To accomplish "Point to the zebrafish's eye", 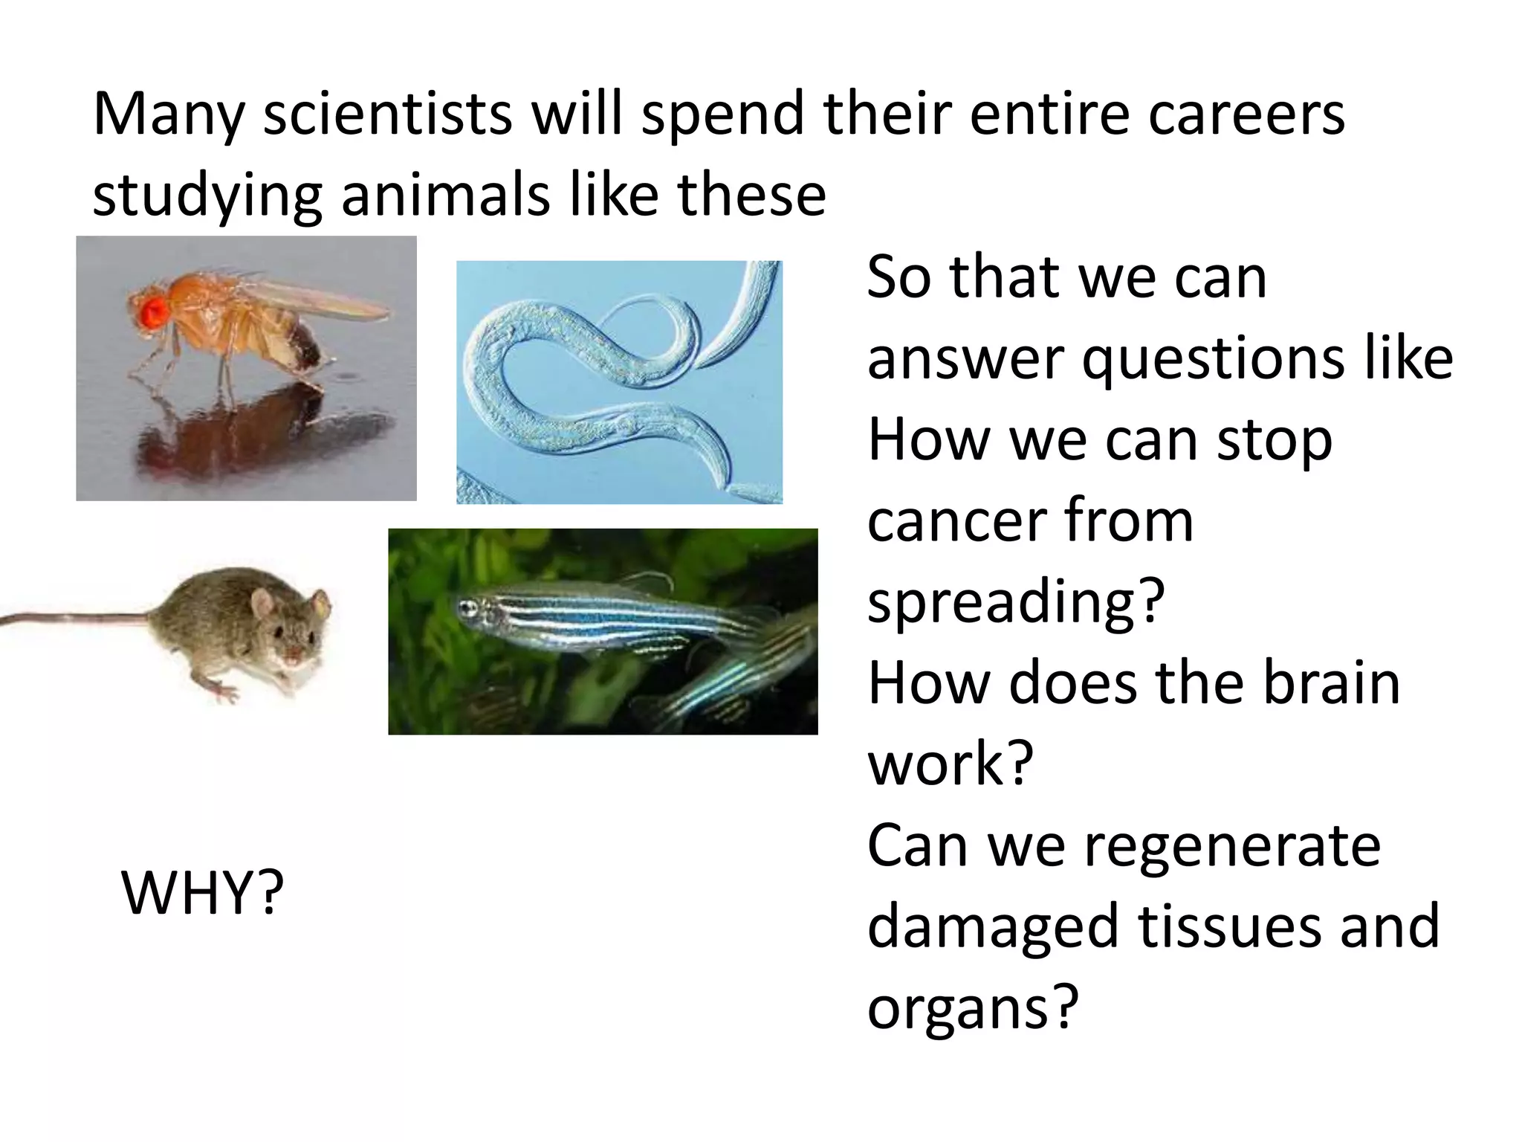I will pyautogui.click(x=467, y=607).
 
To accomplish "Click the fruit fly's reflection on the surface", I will pyautogui.click(x=245, y=431).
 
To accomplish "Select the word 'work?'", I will pyautogui.click(x=951, y=764).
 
